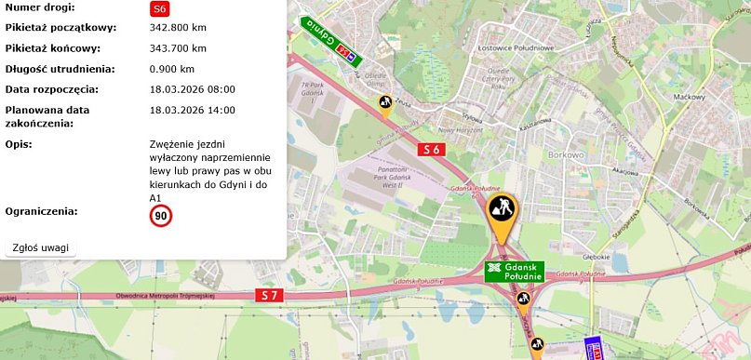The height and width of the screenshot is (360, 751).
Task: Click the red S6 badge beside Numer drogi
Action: pyautogui.click(x=160, y=9)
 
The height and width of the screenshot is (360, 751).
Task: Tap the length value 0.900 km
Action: pyautogui.click(x=171, y=69)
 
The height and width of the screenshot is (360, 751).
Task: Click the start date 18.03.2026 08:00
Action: pyautogui.click(x=192, y=89)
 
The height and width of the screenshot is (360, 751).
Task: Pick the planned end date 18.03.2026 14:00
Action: pyautogui.click(x=192, y=110)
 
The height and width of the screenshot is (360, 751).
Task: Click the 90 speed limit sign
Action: pyautogui.click(x=161, y=217)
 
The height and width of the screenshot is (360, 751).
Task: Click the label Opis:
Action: pyautogui.click(x=19, y=144)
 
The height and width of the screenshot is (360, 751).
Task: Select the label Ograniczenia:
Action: pyautogui.click(x=41, y=211)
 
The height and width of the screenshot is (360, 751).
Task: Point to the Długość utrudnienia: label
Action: pyautogui.click(x=60, y=69)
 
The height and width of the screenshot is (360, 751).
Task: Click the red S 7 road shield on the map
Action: pyautogui.click(x=269, y=295)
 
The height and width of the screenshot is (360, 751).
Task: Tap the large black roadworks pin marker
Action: pyautogui.click(x=502, y=210)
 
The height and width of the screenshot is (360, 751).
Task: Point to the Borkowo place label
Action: pyautogui.click(x=567, y=156)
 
